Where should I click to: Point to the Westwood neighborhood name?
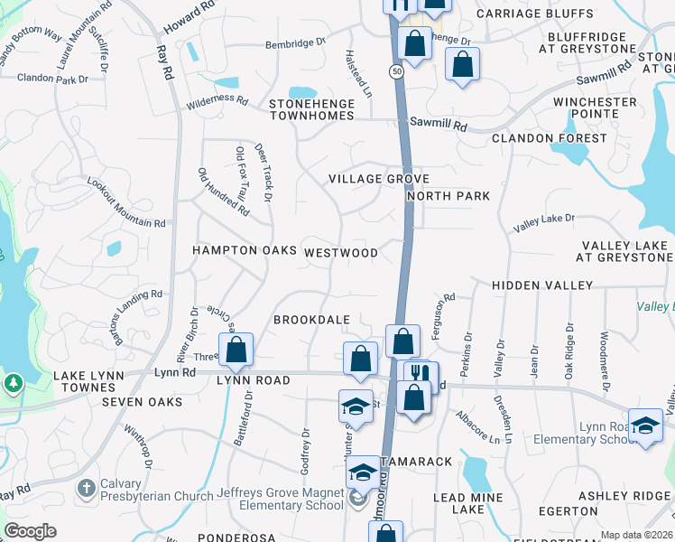click(x=341, y=253)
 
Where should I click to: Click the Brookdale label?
click(x=311, y=321)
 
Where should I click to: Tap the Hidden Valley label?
click(x=542, y=285)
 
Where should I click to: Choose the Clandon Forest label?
click(x=550, y=138)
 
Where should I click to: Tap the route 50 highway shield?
click(x=397, y=70)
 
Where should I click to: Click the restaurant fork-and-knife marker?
click(x=421, y=375)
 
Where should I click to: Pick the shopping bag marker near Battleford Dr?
click(x=236, y=350)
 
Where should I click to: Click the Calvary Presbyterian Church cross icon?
click(x=86, y=488)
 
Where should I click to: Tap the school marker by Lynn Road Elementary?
click(x=645, y=425)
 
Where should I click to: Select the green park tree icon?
click(x=14, y=383)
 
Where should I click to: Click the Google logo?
click(x=30, y=531)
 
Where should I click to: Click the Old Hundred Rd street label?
click(x=222, y=191)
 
